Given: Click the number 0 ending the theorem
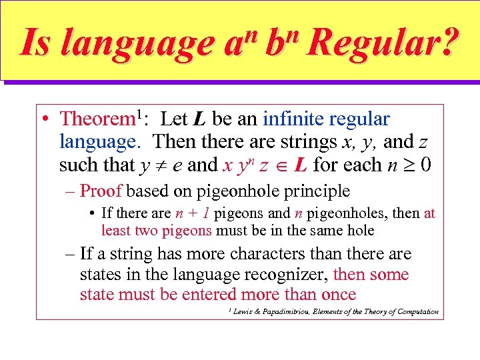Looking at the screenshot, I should (425, 165).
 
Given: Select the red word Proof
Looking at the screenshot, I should (101, 191).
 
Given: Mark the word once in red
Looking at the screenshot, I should (337, 295).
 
